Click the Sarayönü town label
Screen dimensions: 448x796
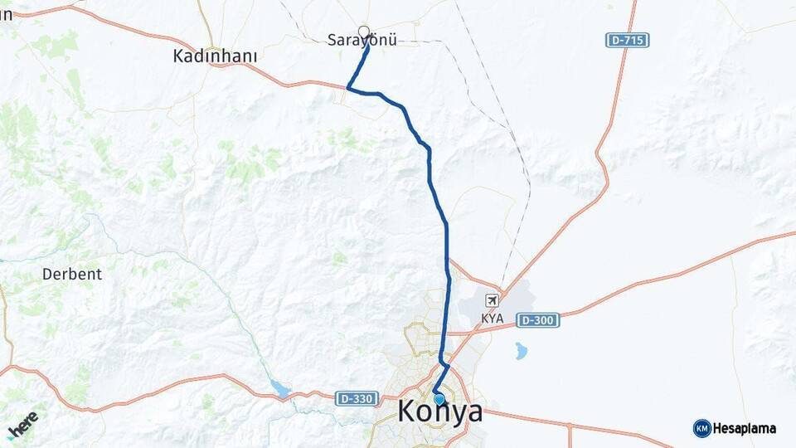pos(362,40)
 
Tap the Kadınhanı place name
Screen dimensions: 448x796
pos(215,56)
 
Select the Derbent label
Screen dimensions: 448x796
pos(72,274)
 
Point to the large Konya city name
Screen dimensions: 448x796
pos(440,411)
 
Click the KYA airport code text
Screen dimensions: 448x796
pos(493,319)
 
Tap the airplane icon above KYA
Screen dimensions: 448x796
pos(493,299)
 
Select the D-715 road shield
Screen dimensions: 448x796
pos(627,40)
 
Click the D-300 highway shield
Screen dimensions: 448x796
pos(537,320)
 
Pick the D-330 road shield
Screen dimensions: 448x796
pos(357,399)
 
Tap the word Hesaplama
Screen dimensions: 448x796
pos(745,429)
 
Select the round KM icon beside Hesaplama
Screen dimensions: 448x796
pos(702,429)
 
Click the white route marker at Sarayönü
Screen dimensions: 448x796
pos(363,32)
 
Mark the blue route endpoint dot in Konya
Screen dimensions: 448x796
pos(439,399)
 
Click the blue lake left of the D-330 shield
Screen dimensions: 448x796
pos(280,389)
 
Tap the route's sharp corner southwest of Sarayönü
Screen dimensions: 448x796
pos(348,87)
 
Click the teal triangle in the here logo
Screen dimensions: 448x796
pos(11,434)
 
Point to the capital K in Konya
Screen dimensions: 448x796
pos(409,411)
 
